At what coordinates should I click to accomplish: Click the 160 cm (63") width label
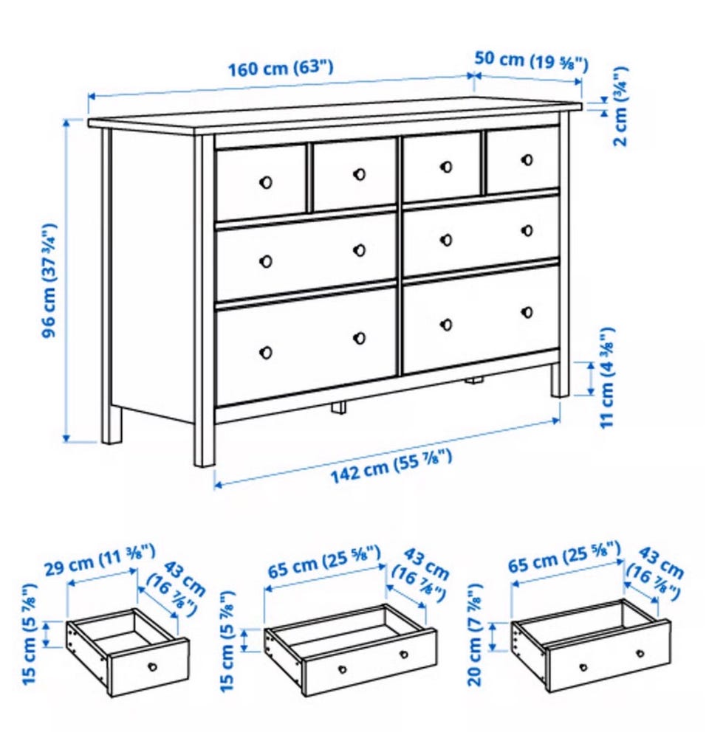tap(281, 69)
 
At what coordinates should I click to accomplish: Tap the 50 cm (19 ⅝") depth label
tap(531, 61)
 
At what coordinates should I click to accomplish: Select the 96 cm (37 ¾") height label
tap(49, 280)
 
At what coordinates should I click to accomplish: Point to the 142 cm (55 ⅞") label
tap(392, 466)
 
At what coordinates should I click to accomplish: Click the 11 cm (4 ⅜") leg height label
tap(607, 378)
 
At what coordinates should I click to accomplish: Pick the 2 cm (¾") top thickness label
tap(620, 106)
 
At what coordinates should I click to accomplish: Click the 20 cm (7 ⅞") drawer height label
tap(475, 635)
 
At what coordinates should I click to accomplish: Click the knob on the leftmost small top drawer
tap(266, 182)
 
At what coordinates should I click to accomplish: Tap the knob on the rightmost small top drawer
tap(527, 160)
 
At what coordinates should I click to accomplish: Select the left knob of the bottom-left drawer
tap(266, 352)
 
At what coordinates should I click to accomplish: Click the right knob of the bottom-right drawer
tap(527, 312)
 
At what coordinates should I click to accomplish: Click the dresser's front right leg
tap(559, 380)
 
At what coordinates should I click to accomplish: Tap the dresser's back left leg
tap(112, 424)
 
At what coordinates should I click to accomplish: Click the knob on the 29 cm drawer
tap(152, 666)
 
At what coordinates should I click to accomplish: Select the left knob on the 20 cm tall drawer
tap(583, 667)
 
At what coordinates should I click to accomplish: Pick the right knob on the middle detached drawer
tap(403, 655)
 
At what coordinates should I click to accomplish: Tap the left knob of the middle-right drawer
tap(447, 240)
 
